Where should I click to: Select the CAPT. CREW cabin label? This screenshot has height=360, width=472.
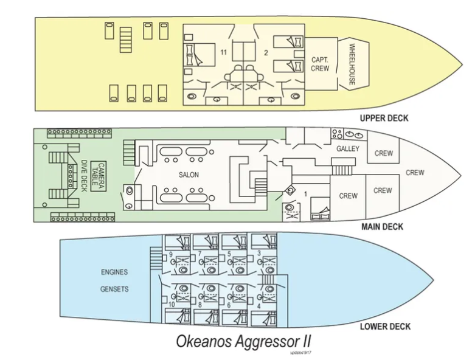pyautogui.click(x=320, y=64)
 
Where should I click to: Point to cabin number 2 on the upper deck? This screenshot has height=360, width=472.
pyautogui.click(x=266, y=54)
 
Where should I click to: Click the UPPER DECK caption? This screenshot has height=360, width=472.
pyautogui.click(x=383, y=118)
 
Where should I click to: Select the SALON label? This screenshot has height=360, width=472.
pyautogui.click(x=189, y=175)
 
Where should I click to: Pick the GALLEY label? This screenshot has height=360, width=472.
pyautogui.click(x=347, y=148)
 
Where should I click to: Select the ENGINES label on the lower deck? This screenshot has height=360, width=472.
pyautogui.click(x=114, y=272)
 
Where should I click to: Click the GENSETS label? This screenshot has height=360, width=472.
pyautogui.click(x=114, y=289)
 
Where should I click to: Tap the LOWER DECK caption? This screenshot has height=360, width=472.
pyautogui.click(x=384, y=327)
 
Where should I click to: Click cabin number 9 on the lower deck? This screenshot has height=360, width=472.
pyautogui.click(x=171, y=254)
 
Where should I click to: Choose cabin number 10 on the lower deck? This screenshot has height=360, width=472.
pyautogui.click(x=172, y=304)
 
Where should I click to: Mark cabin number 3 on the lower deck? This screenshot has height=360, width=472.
pyautogui.click(x=259, y=252)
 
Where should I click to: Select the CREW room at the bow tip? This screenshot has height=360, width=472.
pyautogui.click(x=415, y=173)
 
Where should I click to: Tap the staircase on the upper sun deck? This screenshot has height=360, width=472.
pyautogui.click(x=126, y=40)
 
